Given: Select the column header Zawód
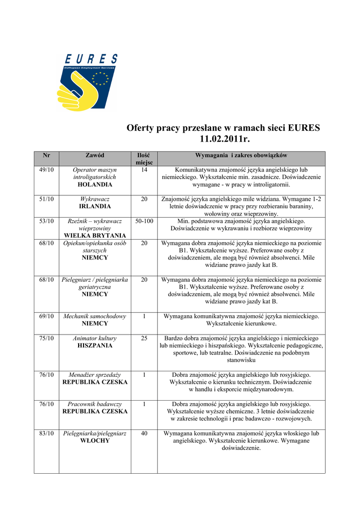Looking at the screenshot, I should pos(94,156).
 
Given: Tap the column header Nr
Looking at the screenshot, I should pos(46,156).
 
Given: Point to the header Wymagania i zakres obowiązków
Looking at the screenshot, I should pos(241,156).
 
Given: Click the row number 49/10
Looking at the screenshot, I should pos(46,170).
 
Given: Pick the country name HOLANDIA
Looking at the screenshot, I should pos(94,184).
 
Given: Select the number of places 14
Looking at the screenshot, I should pos(144,170).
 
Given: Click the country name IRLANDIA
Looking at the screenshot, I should pos(94,206).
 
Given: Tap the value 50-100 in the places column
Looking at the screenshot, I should pos(144,221).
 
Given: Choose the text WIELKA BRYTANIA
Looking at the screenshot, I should pos(94,235).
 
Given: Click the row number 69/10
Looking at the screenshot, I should pos(46,316).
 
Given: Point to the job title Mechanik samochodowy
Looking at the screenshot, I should pos(94,316).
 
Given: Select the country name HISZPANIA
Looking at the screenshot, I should pos(94,345).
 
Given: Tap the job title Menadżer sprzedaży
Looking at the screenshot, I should pos(94,375).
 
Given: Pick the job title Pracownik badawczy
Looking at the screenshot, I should pos(94,404).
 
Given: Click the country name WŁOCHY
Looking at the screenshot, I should pos(94,441).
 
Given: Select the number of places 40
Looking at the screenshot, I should pos(144,433).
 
